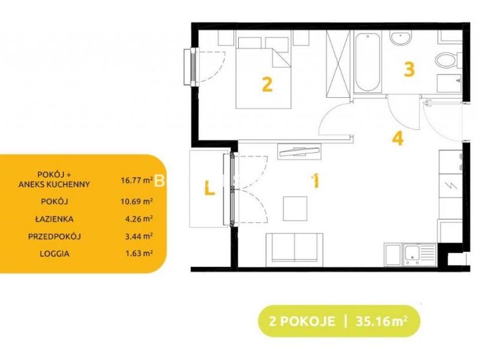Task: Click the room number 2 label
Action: pyautogui.click(x=267, y=84)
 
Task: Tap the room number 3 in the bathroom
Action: pyautogui.click(x=409, y=69)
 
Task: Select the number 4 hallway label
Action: pyautogui.click(x=398, y=139)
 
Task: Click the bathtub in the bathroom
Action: pyautogui.click(x=368, y=62)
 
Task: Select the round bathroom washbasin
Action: pyautogui.click(x=400, y=38)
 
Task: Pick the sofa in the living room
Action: pyautogui.click(x=294, y=250)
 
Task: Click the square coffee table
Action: pyautogui.click(x=295, y=209)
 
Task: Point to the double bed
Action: pyautogui.click(x=263, y=73)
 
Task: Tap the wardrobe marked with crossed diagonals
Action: pyautogui.click(x=338, y=64)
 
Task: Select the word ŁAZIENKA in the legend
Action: pyautogui.click(x=54, y=219)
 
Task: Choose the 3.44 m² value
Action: pyautogui.click(x=138, y=236)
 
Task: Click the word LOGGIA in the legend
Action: pyautogui.click(x=55, y=254)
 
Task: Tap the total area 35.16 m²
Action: pyautogui.click(x=382, y=322)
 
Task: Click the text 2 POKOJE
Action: pyautogui.click(x=302, y=322)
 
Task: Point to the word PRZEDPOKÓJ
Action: pyautogui.click(x=55, y=236)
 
